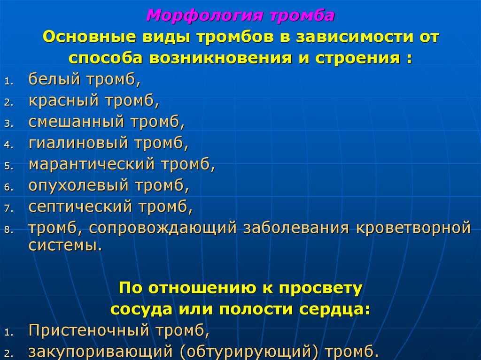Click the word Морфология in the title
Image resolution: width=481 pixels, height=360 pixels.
pyautogui.click(x=203, y=15)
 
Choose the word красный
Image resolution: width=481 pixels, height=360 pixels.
pyautogui.click(x=64, y=100)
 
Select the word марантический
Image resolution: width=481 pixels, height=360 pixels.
pyautogui.click(x=92, y=165)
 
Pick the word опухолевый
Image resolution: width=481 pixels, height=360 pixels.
pyautogui.click(x=78, y=186)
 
